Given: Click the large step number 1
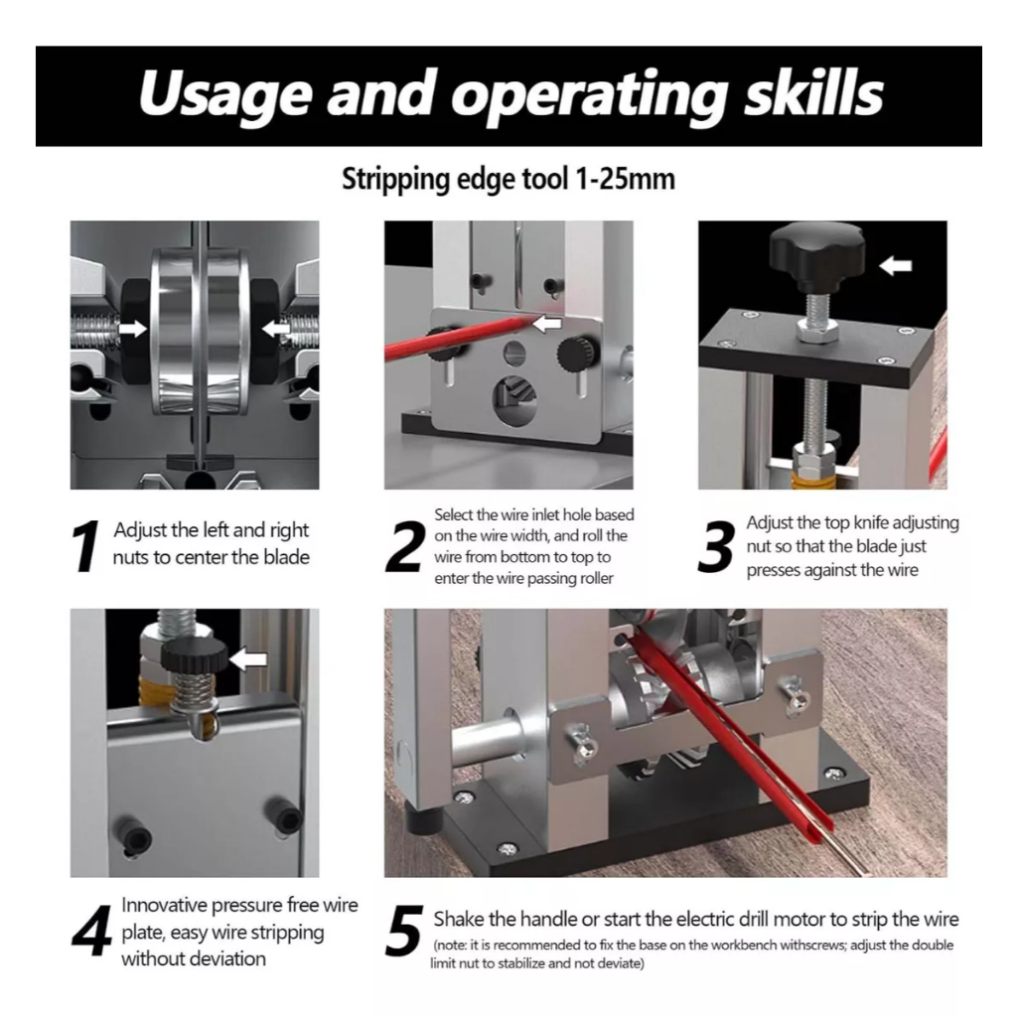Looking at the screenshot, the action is pyautogui.click(x=86, y=546).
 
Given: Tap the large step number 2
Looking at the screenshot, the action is pyautogui.click(x=405, y=547).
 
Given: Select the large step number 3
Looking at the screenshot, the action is pyautogui.click(x=717, y=547).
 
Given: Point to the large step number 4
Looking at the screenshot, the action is pyautogui.click(x=92, y=932).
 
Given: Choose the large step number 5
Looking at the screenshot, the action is pyautogui.click(x=405, y=932).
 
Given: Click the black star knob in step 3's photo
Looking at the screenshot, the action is pyautogui.click(x=817, y=255).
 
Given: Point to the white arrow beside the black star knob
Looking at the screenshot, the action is pyautogui.click(x=896, y=265).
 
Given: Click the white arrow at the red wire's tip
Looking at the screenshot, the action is pyautogui.click(x=547, y=323).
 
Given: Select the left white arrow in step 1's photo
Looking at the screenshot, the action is pyautogui.click(x=133, y=329).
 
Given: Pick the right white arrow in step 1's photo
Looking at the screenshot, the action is pyautogui.click(x=276, y=329).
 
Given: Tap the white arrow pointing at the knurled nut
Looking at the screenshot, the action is pyautogui.click(x=248, y=660).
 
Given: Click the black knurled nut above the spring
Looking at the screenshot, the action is pyautogui.click(x=194, y=656).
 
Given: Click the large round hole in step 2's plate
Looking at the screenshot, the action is pyautogui.click(x=515, y=399).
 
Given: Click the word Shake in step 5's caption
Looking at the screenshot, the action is pyautogui.click(x=459, y=919).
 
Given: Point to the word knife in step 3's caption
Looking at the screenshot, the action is pyautogui.click(x=870, y=522).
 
